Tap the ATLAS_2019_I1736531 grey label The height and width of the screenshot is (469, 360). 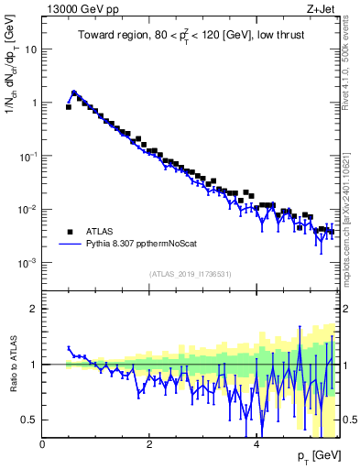coord(190,274)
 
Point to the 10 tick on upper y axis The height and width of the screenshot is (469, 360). coord(30,49)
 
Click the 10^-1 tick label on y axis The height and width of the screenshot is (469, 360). coord(27,156)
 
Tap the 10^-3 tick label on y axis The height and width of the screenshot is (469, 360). coord(27,263)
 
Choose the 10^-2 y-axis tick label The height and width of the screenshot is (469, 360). coord(27,210)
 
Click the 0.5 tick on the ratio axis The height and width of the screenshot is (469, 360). coord(29,420)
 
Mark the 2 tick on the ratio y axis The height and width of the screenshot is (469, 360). coord(34,309)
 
